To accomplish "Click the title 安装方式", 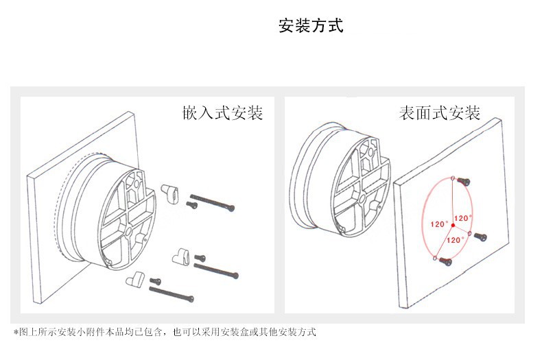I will tap(311, 27).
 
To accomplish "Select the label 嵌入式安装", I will tap(222, 114).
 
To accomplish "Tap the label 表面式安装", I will tap(439, 114).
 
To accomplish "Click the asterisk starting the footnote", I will tap(16, 332).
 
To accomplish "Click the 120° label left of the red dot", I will tap(439, 224).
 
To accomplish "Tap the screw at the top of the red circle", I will tap(464, 181).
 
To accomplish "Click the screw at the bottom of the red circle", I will tap(446, 261).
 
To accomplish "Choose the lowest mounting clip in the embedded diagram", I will tap(135, 279).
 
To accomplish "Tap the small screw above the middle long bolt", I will tap(200, 258).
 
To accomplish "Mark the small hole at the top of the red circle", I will tap(454, 178).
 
